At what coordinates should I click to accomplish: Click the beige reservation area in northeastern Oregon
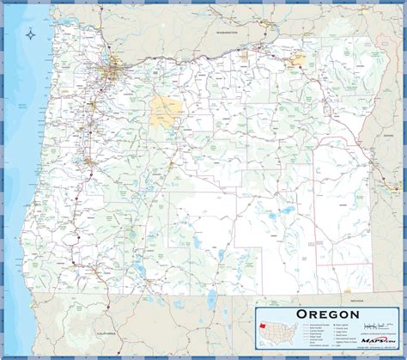298,61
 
